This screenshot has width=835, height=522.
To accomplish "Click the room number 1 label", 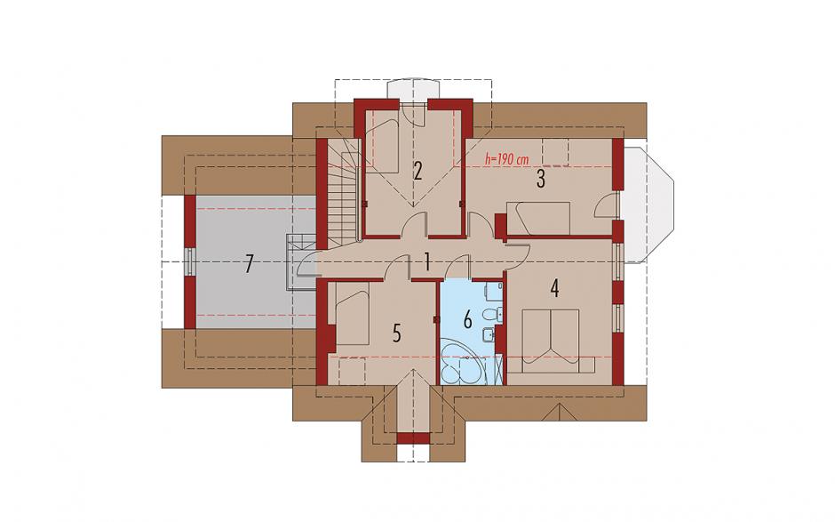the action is [427, 261].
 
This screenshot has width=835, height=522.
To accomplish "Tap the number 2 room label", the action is [417, 171].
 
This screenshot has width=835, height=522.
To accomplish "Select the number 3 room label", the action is [540, 179].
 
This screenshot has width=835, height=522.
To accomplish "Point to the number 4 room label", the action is [554, 288].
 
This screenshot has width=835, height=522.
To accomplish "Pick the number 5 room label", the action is [397, 333].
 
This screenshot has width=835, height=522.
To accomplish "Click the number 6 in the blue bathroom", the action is [467, 319].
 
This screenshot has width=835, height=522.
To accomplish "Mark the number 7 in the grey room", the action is [249, 264].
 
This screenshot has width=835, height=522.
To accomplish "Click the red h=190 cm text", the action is [506, 158].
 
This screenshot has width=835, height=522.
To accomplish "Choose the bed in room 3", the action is [538, 218].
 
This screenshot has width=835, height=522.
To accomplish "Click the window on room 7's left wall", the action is [190, 261].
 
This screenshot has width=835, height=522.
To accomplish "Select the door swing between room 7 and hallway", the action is [307, 263].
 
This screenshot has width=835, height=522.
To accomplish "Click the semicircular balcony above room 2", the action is [414, 90].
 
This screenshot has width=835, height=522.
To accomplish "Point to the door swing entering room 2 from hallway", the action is [414, 224].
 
